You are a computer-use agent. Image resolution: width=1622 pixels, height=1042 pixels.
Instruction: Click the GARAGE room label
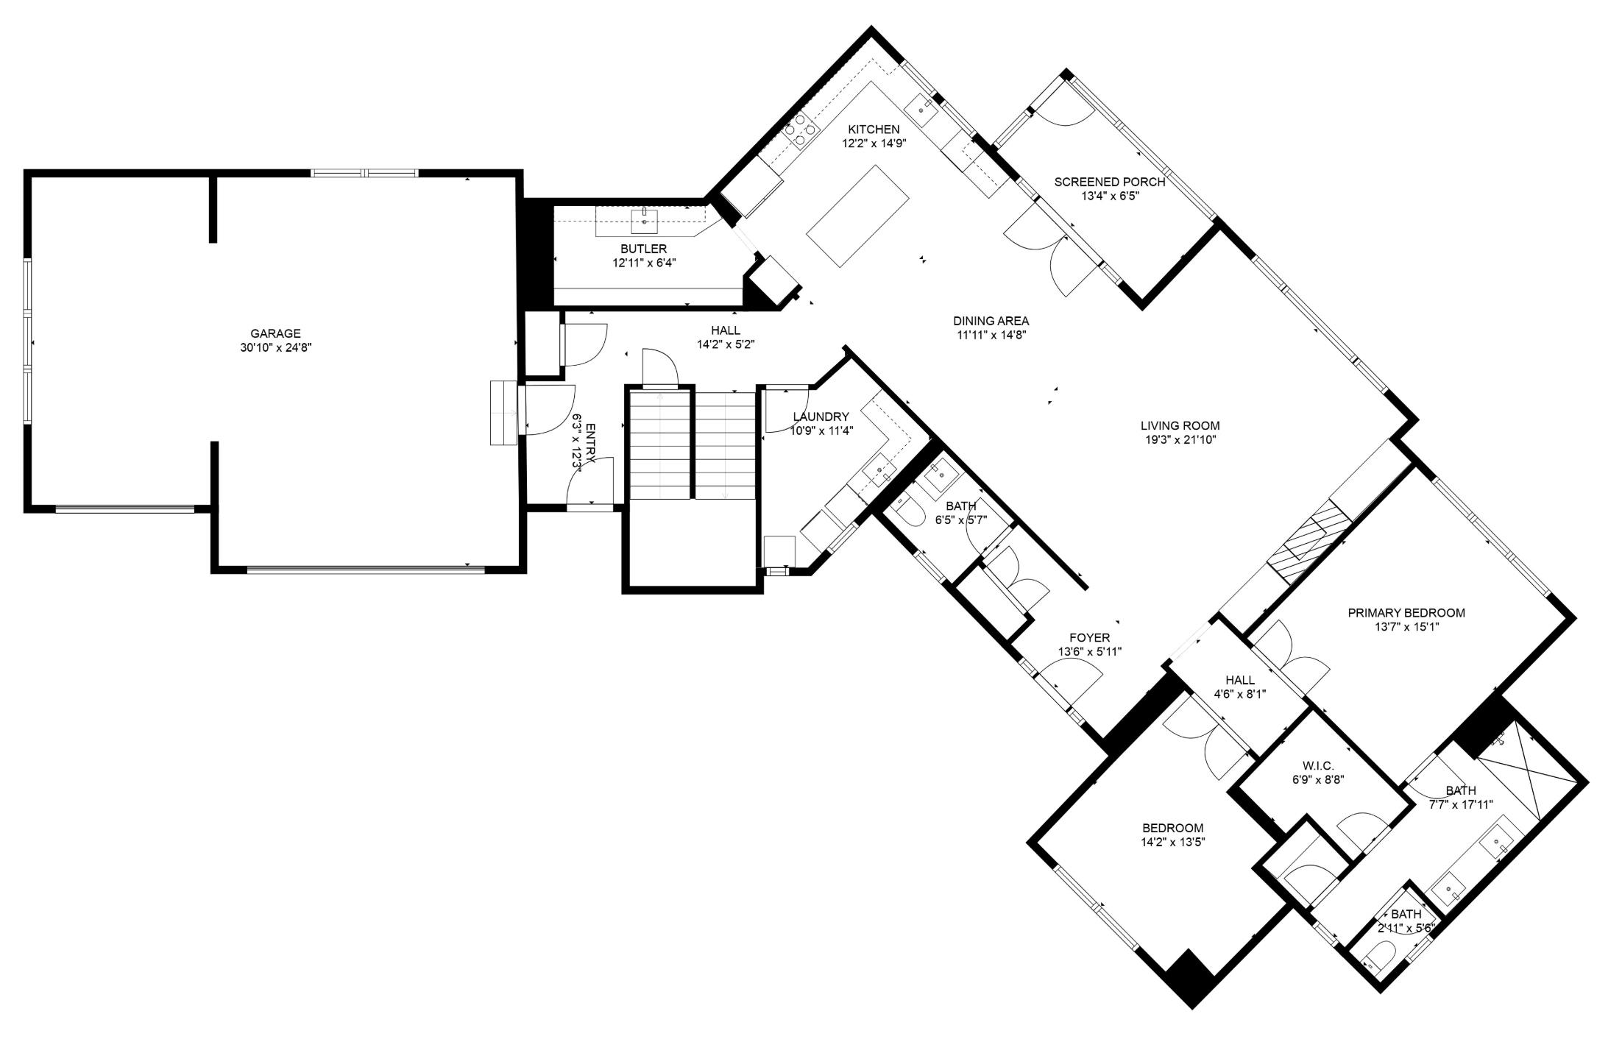coord(275,333)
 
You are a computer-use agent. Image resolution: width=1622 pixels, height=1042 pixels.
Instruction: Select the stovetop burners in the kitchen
coord(801,132)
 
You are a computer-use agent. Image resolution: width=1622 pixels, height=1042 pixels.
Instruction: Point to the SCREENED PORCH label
coord(1109,182)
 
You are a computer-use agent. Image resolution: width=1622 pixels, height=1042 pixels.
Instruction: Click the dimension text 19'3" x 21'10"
coord(1180,440)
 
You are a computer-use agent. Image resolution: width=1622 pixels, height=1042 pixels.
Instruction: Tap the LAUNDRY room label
coord(821,417)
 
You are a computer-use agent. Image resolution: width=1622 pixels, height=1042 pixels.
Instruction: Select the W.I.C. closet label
coord(1312,766)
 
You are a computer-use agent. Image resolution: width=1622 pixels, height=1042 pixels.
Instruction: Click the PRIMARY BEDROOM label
coord(1406,612)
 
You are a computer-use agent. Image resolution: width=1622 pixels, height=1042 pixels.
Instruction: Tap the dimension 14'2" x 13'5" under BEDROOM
coord(1172,842)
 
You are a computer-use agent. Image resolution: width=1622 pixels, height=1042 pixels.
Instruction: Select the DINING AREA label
coord(991,321)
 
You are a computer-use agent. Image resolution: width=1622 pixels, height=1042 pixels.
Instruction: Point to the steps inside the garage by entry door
coord(504,413)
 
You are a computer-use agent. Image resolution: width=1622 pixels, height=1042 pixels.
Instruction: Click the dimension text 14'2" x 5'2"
coord(726,344)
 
